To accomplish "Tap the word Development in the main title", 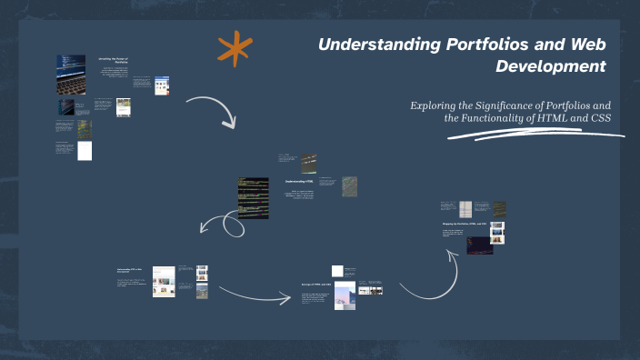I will point(551,66).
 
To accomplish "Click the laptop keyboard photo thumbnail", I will point(71,74).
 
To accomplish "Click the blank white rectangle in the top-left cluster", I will point(85,150).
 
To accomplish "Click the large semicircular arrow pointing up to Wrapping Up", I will point(427,273).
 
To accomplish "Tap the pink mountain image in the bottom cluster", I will point(345,295).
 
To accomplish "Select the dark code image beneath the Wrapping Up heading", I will point(479,245).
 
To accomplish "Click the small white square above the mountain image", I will point(338,270).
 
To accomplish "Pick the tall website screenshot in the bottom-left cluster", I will point(164,281).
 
